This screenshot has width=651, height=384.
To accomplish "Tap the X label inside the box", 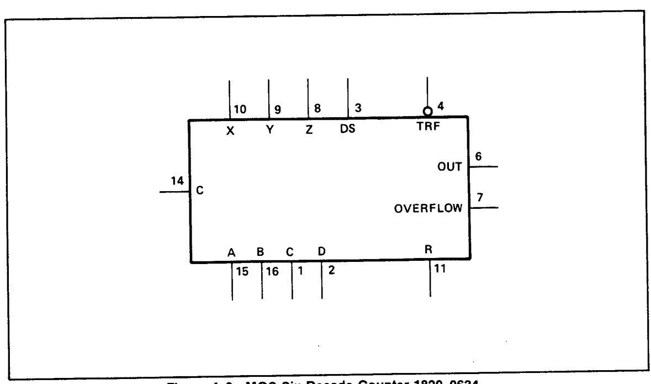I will (231, 131).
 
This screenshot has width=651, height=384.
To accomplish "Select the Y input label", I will (269, 131).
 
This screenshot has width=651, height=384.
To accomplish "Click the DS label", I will (347, 131).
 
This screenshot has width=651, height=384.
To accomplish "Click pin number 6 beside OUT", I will (479, 156).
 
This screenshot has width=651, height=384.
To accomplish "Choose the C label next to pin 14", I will (200, 191).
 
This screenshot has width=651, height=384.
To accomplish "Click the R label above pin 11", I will (428, 250).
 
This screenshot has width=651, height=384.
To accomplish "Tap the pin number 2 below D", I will (330, 271).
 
